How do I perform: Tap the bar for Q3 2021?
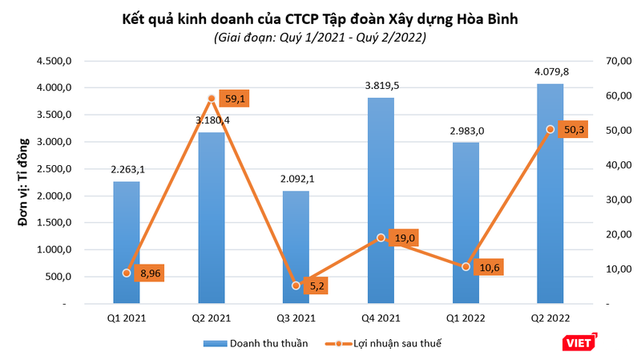(296, 248)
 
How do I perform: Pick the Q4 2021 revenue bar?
(381, 200)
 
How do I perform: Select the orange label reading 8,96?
(149, 273)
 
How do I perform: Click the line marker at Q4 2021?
(381, 238)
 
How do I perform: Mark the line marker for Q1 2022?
(466, 266)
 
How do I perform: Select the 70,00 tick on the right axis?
(615, 61)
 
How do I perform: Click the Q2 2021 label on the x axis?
(212, 318)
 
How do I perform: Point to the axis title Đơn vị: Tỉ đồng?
(26, 183)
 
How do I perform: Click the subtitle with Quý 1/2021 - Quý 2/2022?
(320, 37)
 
